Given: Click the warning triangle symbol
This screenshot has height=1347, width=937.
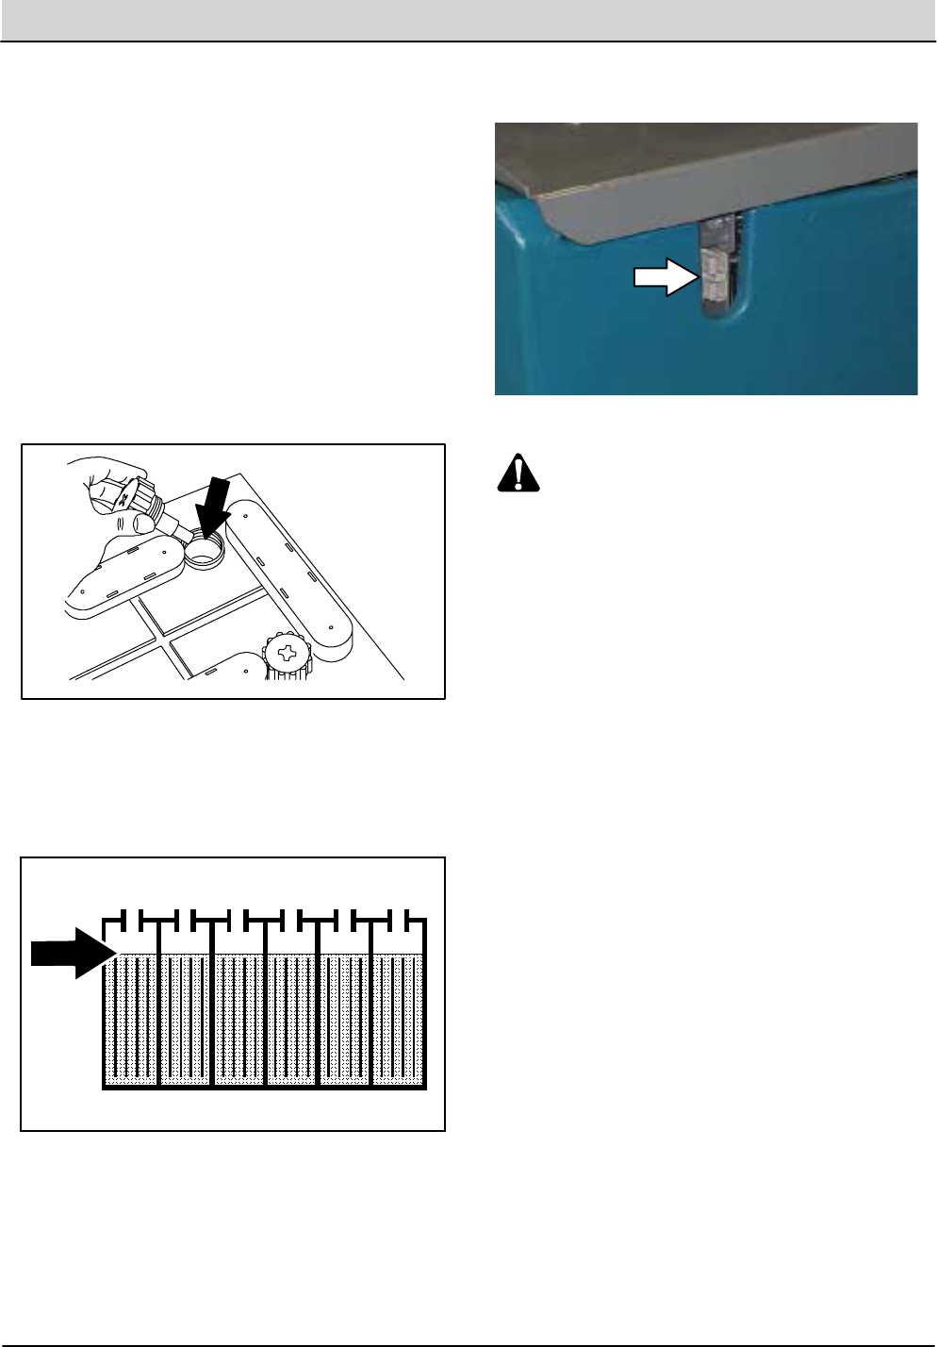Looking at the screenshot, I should pos(518,474).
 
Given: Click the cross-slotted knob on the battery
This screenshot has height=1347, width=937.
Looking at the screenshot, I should pos(287,655).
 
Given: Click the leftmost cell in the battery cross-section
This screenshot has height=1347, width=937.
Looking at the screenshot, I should pos(131,1019).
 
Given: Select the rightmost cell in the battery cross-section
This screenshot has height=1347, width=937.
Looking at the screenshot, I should pos(401,1019).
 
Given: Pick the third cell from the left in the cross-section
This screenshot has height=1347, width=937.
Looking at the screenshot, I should pos(239,1019).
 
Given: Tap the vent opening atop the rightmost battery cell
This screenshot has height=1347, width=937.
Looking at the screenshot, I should pos(400,919).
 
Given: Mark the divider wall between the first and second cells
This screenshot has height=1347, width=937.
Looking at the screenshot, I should pos(159,1019).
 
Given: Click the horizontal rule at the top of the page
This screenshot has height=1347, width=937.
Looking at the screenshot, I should pos(468,42).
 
